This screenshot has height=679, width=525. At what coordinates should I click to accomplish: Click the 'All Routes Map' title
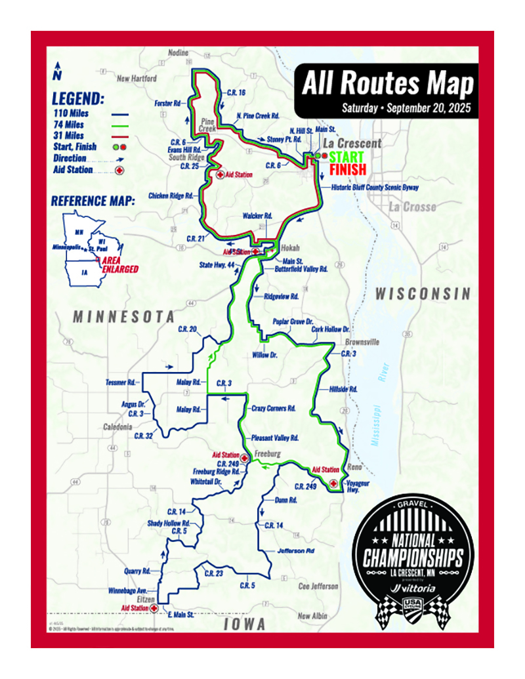tap(387, 83)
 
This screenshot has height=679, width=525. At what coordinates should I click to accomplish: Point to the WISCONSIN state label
tap(423, 294)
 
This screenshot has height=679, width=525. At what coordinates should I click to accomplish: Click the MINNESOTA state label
tap(124, 316)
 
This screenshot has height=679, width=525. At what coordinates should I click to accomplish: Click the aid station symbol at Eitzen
tap(154, 608)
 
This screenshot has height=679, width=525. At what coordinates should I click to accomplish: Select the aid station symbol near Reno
tap(334, 483)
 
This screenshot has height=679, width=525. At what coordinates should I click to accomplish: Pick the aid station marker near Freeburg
tap(243, 458)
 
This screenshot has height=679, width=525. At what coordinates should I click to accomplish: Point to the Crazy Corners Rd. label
tap(274, 407)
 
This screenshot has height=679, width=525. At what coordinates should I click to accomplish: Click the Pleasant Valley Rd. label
tap(276, 437)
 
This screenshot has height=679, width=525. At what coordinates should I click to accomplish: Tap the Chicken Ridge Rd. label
tap(171, 195)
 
